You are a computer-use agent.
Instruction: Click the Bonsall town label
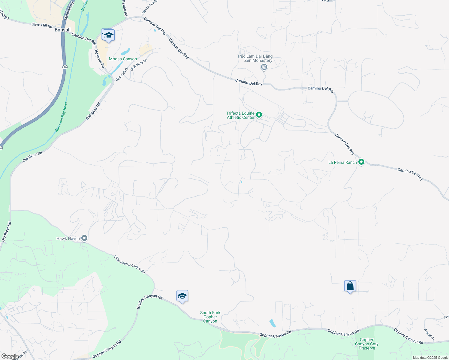(x=63, y=30)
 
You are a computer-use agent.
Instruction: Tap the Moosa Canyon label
(x=123, y=59)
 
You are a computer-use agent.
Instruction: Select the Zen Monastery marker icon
(x=264, y=67)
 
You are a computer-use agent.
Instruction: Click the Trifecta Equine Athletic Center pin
(x=259, y=115)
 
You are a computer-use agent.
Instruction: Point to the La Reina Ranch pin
(x=361, y=162)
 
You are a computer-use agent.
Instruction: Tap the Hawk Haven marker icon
(x=84, y=238)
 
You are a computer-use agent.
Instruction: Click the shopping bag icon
(x=350, y=286)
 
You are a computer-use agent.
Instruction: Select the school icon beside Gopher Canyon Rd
(x=182, y=296)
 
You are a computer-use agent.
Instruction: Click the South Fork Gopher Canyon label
(x=210, y=317)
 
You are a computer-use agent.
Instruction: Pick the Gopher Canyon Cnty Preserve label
(x=367, y=344)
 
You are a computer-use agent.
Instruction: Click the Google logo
(x=10, y=356)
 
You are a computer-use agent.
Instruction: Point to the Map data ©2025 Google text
(x=430, y=358)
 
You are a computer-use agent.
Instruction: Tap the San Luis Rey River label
(x=61, y=117)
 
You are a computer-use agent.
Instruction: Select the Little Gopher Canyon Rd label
(x=130, y=264)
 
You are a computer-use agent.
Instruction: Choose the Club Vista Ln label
(x=139, y=64)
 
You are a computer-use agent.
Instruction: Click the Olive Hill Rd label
(x=42, y=25)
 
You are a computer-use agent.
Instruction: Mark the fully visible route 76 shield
(x=65, y=67)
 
